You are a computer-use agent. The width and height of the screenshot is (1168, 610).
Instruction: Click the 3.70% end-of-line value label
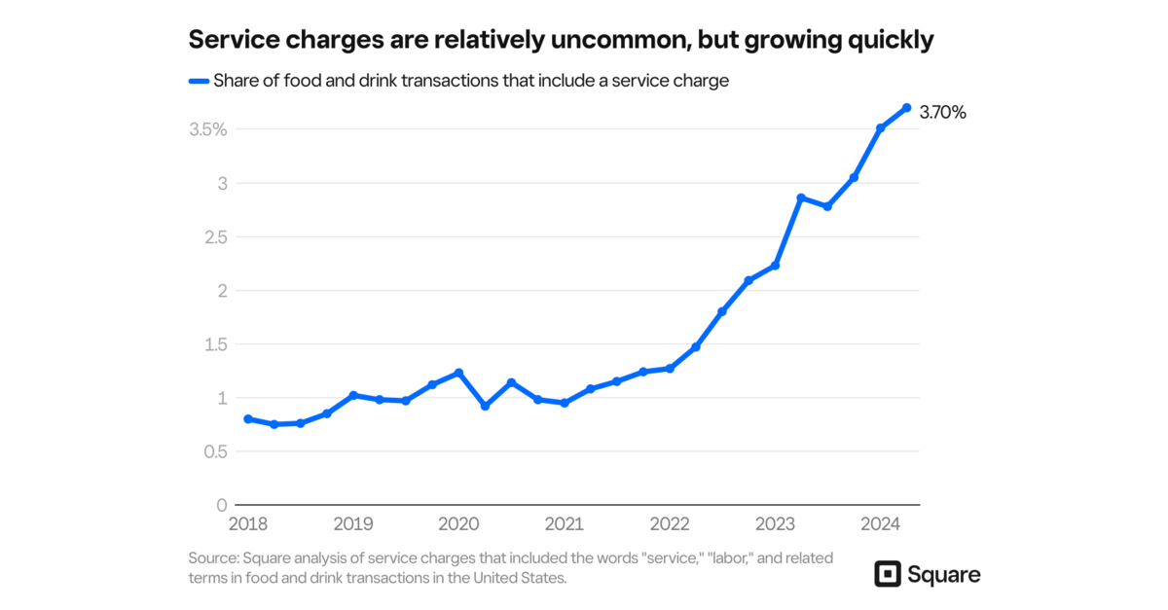tap(942, 113)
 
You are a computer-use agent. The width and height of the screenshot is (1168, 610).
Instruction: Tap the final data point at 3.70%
tap(906, 107)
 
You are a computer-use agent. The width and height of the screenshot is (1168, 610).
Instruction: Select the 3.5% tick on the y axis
tap(208, 129)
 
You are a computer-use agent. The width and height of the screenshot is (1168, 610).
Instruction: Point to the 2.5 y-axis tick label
tap(215, 237)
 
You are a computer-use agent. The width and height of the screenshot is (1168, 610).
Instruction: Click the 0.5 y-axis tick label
tap(215, 451)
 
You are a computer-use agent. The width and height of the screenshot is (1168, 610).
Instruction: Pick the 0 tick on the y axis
tap(222, 505)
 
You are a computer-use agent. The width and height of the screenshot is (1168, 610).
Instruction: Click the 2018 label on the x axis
tap(247, 523)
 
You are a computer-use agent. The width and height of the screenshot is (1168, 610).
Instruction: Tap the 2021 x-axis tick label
tap(564, 523)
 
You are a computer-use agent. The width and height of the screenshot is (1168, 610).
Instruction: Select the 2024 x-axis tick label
tap(880, 523)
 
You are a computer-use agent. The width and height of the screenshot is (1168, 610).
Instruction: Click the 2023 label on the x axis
tap(775, 523)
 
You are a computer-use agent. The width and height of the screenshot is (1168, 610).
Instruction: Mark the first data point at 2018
tap(248, 418)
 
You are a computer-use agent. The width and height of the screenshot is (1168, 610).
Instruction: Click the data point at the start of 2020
tap(458, 373)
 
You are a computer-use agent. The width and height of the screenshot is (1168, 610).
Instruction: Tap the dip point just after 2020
tap(485, 406)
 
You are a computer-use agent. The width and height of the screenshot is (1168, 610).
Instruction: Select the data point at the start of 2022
tap(670, 368)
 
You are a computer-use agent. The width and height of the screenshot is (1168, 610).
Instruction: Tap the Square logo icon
tap(888, 574)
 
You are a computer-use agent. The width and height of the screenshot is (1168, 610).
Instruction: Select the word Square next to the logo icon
tap(943, 574)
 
